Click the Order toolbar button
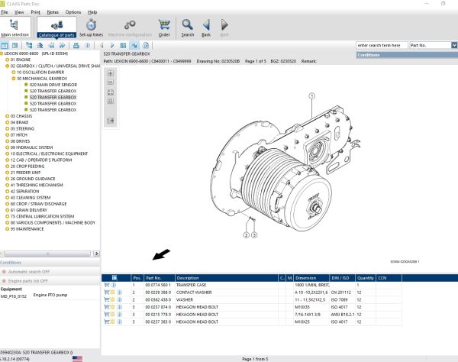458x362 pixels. point(164,28)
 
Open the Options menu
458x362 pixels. point(73,12)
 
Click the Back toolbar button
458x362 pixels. point(206,28)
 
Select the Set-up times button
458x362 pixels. point(92,28)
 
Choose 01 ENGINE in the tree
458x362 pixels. point(22,60)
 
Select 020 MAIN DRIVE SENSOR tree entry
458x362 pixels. point(54,85)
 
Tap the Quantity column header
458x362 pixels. point(366,277)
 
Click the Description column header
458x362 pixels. point(188,277)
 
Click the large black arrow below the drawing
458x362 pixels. point(162,254)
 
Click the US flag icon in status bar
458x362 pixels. point(78,357)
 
